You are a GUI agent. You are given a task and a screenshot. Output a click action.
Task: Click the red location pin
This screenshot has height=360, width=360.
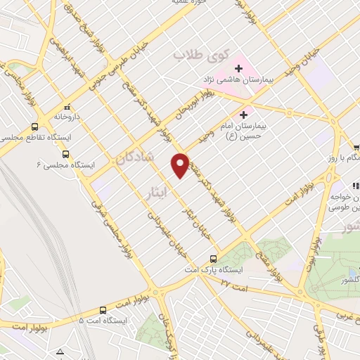(180, 165)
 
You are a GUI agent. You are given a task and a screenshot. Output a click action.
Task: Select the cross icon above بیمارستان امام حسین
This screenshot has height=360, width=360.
(245, 115)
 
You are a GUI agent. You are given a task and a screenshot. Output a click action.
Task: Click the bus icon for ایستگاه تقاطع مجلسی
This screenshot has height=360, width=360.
(34, 127)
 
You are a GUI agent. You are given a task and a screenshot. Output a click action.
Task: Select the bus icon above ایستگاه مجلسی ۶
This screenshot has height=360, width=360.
(65, 154)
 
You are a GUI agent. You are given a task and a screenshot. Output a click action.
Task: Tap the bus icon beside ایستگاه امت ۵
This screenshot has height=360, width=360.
(103, 309)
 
